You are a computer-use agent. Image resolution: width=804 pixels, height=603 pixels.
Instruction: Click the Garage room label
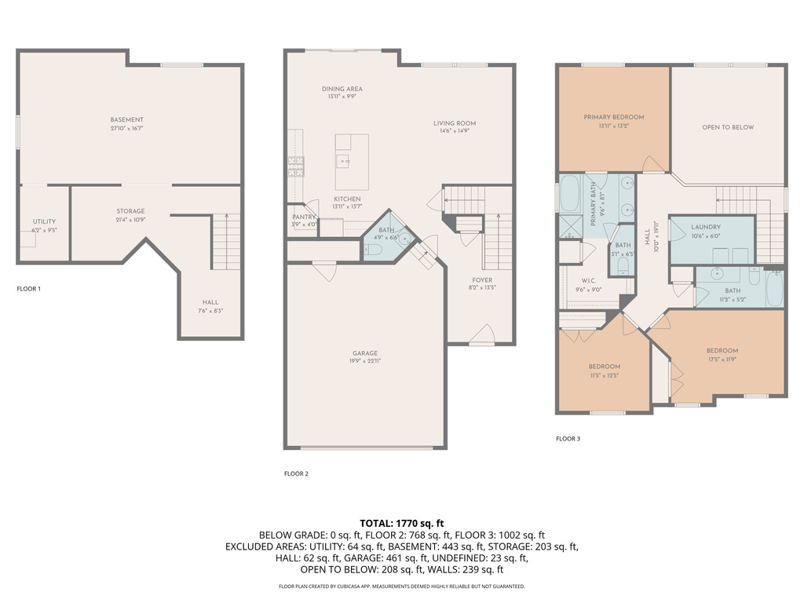coord(364,353)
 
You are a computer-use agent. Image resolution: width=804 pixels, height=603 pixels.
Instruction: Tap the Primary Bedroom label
coord(613,117)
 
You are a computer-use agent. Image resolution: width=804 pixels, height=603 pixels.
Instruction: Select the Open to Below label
coord(727,127)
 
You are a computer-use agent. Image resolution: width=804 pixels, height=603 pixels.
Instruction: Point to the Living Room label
coord(455,123)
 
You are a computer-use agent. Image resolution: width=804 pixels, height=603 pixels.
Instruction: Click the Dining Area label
coord(342,89)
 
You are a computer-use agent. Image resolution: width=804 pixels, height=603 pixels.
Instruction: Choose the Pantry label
coord(304,217)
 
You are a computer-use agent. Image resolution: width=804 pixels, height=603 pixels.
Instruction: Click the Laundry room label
coord(705,227)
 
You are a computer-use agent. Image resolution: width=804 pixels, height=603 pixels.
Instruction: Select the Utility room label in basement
coord(44,221)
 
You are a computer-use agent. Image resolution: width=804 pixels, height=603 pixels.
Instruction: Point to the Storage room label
coord(130,211)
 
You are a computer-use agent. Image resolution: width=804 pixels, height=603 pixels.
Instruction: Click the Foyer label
coord(482,280)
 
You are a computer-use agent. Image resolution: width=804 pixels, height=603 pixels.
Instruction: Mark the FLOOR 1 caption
coord(28,289)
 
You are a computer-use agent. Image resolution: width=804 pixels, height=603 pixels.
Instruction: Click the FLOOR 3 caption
coord(568,439)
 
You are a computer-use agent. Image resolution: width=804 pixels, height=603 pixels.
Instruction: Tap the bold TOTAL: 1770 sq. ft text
coord(402,523)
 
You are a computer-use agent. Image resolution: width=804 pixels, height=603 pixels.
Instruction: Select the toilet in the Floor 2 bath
coord(374,250)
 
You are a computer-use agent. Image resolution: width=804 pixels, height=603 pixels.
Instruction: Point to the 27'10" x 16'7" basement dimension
coord(127,128)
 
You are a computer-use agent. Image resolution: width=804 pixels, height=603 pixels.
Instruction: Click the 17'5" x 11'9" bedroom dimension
coord(722,360)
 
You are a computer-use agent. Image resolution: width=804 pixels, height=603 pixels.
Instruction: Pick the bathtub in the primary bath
coord(569,193)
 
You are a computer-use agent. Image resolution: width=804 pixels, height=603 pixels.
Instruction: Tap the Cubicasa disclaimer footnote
coord(402,587)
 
